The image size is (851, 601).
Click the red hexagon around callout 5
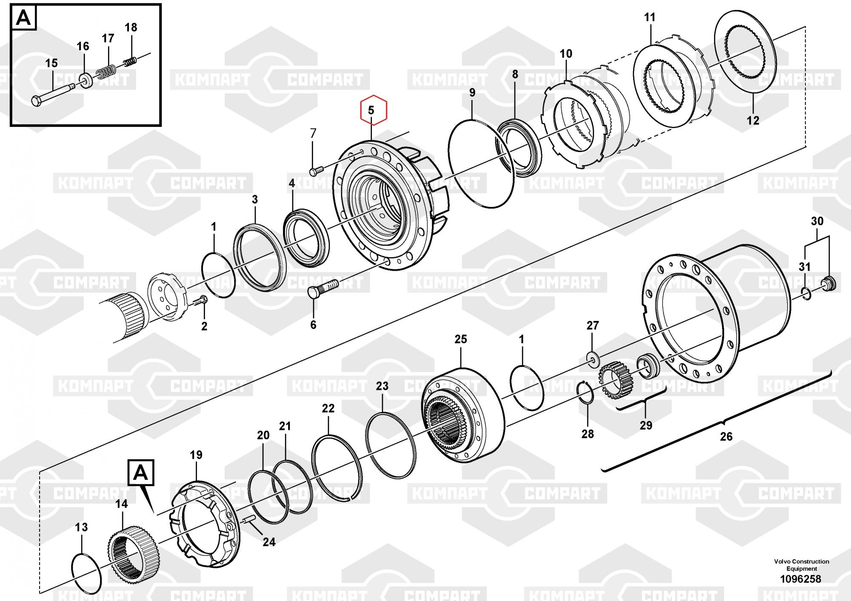click(x=373, y=110)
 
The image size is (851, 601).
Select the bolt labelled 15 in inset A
click(x=53, y=94)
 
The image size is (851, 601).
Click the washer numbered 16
click(x=86, y=81)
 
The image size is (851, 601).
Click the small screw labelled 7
click(x=317, y=170)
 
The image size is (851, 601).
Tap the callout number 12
click(x=753, y=120)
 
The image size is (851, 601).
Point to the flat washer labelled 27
click(x=592, y=358)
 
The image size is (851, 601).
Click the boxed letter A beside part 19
click(x=141, y=473)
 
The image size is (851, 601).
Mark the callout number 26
click(x=726, y=436)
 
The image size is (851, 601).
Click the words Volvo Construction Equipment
click(x=801, y=565)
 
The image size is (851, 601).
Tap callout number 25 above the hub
click(x=460, y=339)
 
